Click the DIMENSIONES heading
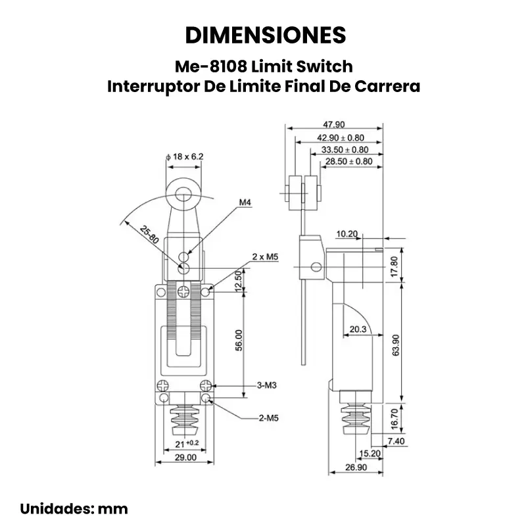265,35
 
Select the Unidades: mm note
74,508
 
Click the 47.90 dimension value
334,125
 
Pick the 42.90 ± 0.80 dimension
341,138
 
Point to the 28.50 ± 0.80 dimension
350,161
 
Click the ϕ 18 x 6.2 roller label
185,156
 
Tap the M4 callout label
245,203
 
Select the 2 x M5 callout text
266,256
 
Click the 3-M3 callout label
266,385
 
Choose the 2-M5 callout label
266,417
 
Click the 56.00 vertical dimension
239,341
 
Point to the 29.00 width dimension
185,457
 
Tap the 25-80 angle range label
149,235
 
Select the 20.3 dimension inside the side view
358,329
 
